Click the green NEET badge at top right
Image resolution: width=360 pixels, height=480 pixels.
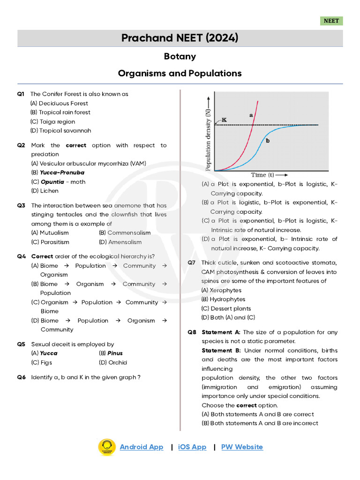pyautogui.click(x=331, y=21)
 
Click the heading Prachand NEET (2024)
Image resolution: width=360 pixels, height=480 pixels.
pyautogui.click(x=180, y=38)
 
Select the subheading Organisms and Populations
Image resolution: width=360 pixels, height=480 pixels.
pyautogui.click(x=180, y=73)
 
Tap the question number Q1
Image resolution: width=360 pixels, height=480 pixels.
pyautogui.click(x=21, y=94)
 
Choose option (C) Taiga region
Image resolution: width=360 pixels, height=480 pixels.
pyautogui.click(x=52, y=121)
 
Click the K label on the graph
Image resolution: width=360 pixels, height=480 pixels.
pyautogui.click(x=224, y=120)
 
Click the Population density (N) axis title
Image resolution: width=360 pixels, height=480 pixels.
pyautogui.click(x=208, y=139)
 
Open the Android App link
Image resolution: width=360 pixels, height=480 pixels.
pyautogui.click(x=142, y=447)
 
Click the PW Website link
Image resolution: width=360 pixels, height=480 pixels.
pyautogui.click(x=242, y=447)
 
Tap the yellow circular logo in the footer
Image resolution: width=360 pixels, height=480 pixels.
pyautogui.click(x=106, y=447)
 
